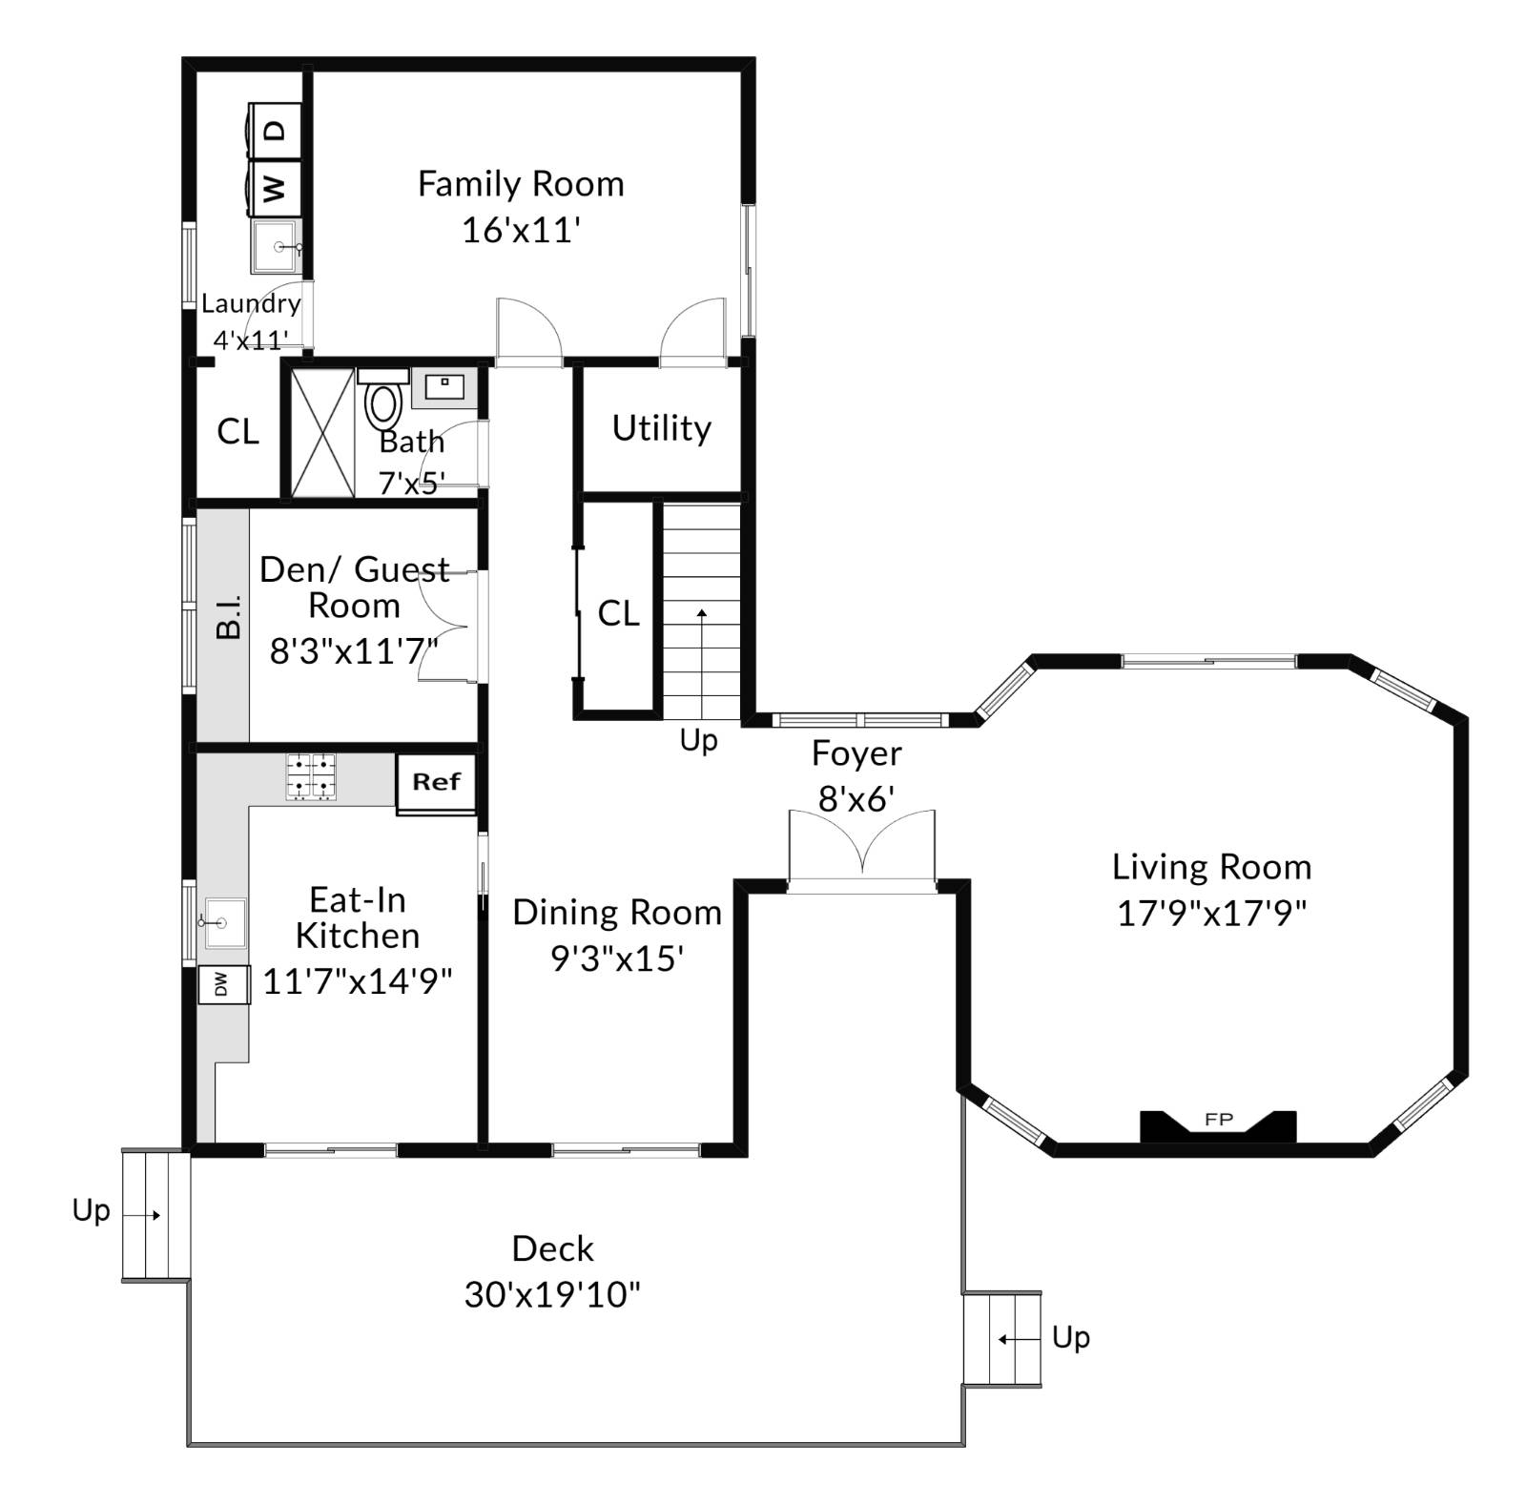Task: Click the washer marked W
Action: click(275, 188)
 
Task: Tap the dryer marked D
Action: click(275, 130)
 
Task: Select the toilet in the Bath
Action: click(383, 404)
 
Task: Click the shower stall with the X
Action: click(321, 432)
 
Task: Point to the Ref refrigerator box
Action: click(436, 784)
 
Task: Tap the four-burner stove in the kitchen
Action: click(311, 776)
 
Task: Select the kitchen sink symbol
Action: click(225, 922)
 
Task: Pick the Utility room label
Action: click(661, 428)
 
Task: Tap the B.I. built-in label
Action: click(228, 616)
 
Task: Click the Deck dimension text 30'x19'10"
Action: click(552, 1295)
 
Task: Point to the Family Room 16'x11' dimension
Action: click(521, 230)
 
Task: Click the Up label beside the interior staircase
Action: click(698, 740)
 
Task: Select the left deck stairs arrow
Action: click(142, 1215)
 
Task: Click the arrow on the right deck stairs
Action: click(1018, 1339)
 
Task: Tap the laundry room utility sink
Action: click(277, 247)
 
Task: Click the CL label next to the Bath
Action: click(237, 432)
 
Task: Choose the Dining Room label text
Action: click(616, 913)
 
